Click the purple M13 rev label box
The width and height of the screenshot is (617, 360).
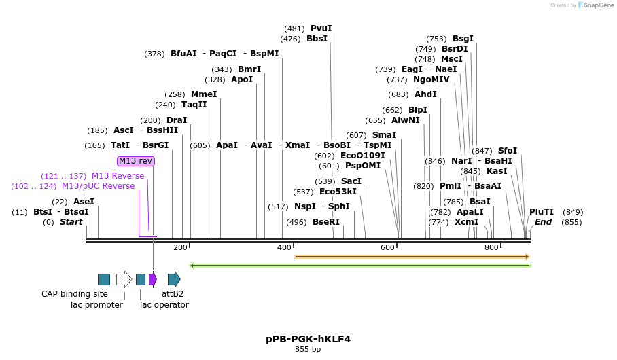tap(136, 161)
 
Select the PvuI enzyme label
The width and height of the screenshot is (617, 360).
tap(321, 29)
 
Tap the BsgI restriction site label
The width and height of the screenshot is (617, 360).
tap(463, 39)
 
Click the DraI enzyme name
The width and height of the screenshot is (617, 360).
tap(176, 120)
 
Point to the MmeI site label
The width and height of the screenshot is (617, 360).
tap(204, 94)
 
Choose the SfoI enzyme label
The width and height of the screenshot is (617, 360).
tap(507, 151)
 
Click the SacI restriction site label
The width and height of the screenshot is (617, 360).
tap(351, 181)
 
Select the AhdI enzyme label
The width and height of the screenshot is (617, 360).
tap(425, 94)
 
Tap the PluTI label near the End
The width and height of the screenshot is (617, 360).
tap(542, 212)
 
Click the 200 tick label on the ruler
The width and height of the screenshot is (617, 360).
tap(180, 248)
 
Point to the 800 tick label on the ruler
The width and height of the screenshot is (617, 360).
tap(491, 248)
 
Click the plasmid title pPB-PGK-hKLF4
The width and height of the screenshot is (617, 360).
tap(308, 339)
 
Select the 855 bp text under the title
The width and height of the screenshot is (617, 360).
tap(308, 350)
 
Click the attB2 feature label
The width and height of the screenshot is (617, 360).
tap(173, 294)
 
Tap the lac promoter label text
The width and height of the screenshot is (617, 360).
tap(96, 305)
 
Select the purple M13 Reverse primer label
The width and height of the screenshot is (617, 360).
tap(118, 176)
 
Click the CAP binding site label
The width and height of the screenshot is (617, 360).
tap(75, 294)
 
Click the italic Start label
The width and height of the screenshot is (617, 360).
tap(71, 222)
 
